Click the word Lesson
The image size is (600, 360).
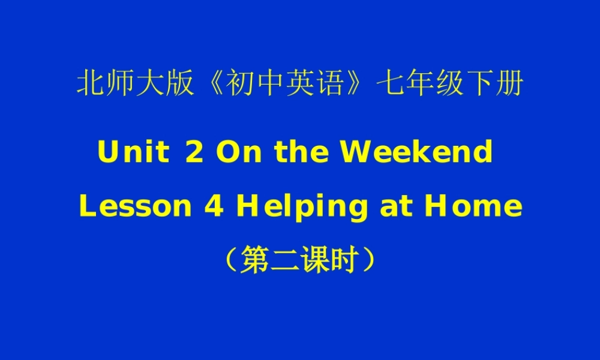pos(135,206)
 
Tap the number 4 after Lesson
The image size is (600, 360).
pos(214,206)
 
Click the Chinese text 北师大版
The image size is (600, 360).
pos(135,85)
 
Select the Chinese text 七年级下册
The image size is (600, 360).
pos(449,85)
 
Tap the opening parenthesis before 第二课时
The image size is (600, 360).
pos(232,260)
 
